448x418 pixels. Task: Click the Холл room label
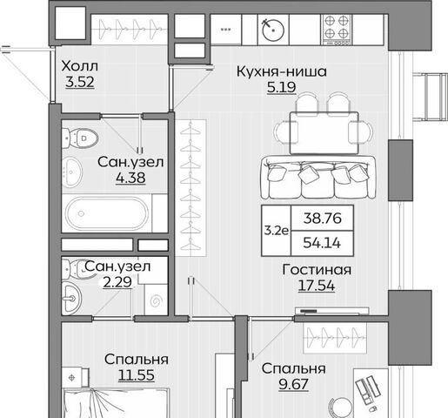80,66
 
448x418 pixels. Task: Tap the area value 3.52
80,82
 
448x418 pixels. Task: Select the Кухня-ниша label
282,71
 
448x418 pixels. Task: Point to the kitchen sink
273,30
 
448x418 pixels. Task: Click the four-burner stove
337,30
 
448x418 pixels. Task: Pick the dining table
324,133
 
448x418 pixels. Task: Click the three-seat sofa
318,178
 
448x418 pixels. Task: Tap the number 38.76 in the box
323,218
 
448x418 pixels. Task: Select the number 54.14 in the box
322,243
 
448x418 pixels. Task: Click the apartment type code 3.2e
276,231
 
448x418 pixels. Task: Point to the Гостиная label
317,270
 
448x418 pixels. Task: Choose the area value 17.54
317,286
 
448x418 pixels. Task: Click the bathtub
106,213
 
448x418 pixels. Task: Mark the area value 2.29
117,282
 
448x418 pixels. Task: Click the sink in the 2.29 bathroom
71,298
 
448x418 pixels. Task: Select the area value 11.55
137,375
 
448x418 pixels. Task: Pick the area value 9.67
293,384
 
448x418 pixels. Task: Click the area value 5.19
282,87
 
